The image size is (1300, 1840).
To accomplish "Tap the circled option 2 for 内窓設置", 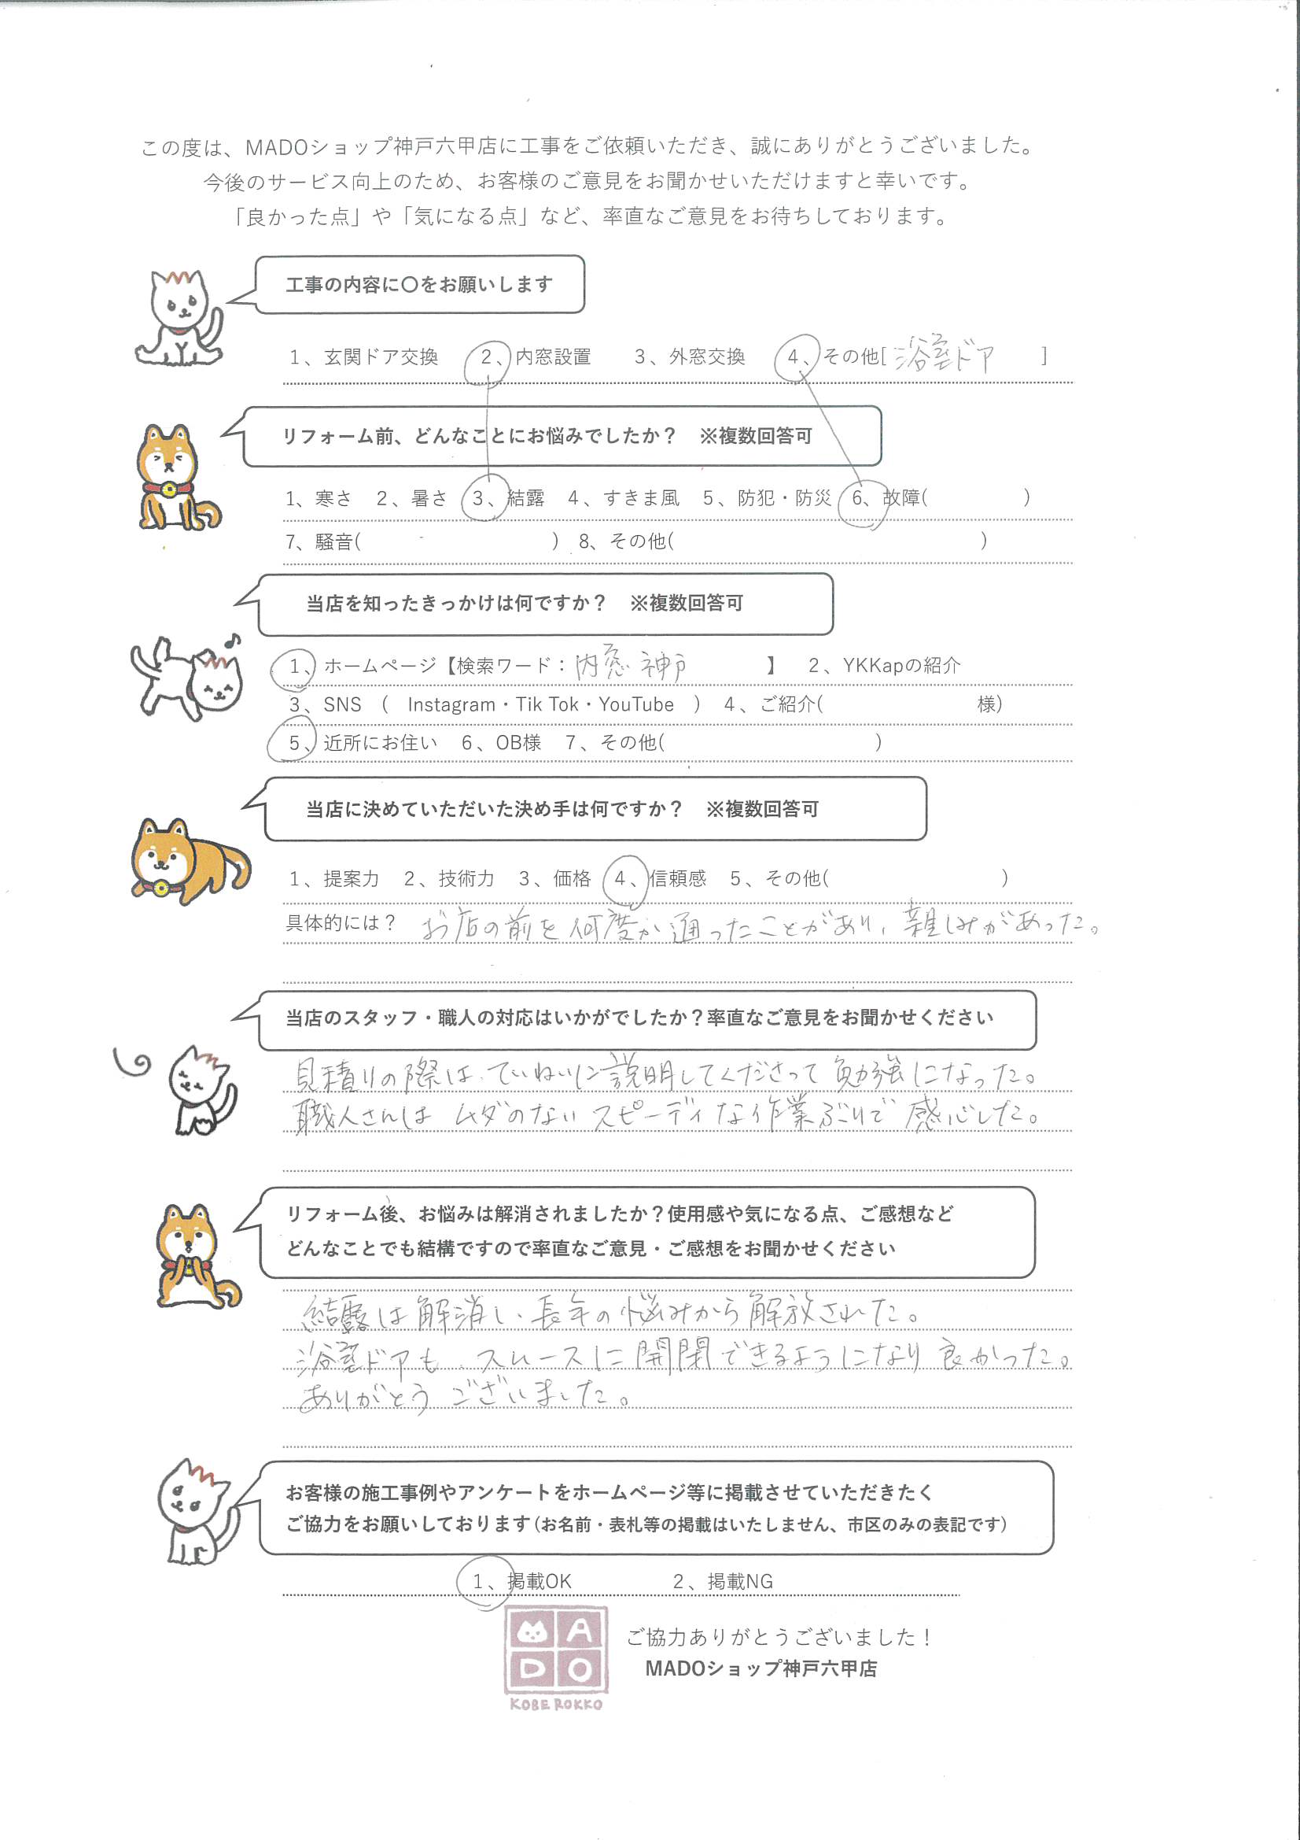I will click(488, 357).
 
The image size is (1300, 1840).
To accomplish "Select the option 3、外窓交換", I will click(689, 357).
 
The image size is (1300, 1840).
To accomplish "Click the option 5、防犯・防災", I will click(767, 498).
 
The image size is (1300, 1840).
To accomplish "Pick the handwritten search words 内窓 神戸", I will click(631, 665).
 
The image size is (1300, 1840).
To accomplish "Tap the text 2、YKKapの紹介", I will click(883, 665).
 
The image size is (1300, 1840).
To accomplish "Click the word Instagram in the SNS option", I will click(451, 704).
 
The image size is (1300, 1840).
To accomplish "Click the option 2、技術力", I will click(448, 879).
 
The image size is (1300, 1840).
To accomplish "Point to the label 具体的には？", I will click(341, 922).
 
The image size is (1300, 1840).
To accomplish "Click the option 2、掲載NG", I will click(723, 1581).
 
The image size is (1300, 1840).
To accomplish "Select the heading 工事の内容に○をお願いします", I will click(419, 284).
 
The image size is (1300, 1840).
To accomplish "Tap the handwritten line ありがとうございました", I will click(463, 1395).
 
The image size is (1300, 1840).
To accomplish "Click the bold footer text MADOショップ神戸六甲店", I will click(760, 1668).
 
